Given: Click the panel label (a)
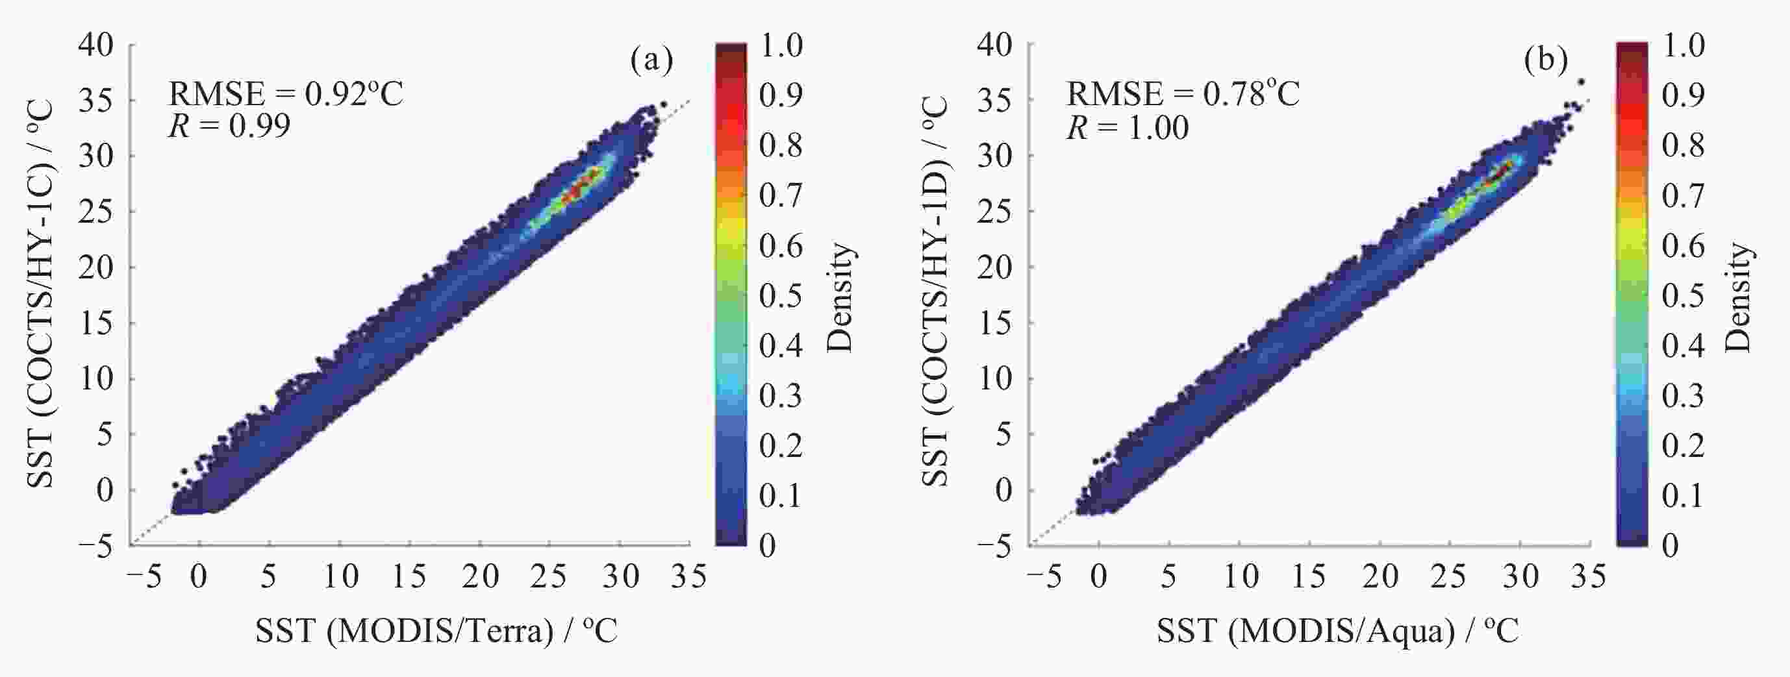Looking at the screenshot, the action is click(x=651, y=60).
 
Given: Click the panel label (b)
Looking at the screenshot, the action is click(x=1546, y=60).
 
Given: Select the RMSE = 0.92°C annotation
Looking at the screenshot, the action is click(x=286, y=93).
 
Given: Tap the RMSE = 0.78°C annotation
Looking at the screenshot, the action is click(x=1183, y=93).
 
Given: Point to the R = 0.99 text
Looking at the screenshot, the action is click(x=229, y=127).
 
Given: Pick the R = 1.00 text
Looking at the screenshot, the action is click(x=1127, y=127).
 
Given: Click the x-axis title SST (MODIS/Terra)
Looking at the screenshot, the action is click(x=436, y=631).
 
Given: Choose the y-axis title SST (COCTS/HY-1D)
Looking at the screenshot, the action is click(x=936, y=291).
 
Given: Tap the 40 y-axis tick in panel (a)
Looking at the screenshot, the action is click(x=96, y=45).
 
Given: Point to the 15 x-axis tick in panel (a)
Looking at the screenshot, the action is click(x=409, y=576).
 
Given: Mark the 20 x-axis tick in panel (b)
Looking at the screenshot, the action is click(x=1380, y=576).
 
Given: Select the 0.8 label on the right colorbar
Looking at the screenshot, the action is click(x=1683, y=145).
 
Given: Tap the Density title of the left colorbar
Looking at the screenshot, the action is click(x=842, y=297).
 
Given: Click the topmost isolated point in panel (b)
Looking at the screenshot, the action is click(x=1580, y=82).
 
